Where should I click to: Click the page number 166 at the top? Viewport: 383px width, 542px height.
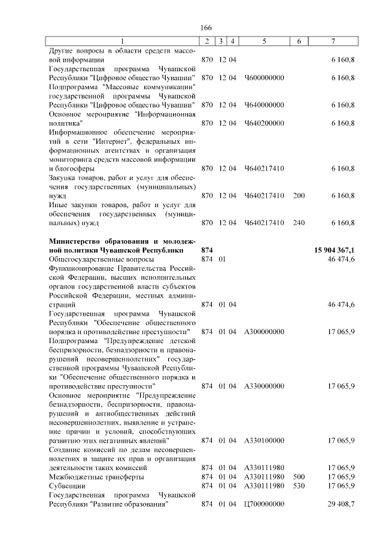tap(206, 28)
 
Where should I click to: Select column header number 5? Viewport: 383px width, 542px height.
tap(264, 41)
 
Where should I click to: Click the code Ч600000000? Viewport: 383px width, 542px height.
tap(264, 78)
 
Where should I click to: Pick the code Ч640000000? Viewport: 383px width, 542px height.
tap(264, 105)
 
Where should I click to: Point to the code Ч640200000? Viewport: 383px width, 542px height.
tap(264, 123)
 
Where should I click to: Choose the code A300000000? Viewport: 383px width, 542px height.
tap(264, 331)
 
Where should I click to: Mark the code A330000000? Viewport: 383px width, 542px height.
tap(264, 386)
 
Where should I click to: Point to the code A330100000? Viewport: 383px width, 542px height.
tap(264, 441)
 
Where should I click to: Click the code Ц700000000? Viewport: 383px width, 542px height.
tap(264, 504)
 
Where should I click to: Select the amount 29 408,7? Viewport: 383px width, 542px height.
tap(342, 504)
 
